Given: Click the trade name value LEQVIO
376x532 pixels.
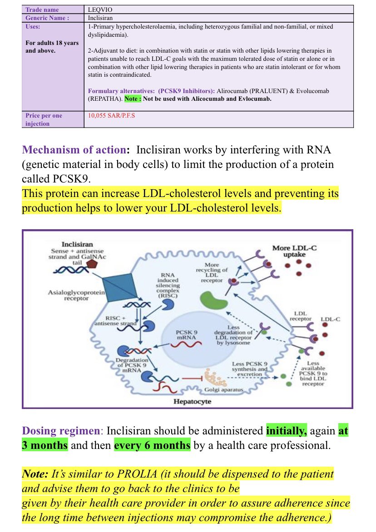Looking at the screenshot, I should click(x=98, y=9).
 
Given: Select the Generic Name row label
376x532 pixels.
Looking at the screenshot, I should click(x=47, y=18).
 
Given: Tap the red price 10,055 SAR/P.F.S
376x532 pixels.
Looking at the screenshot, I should click(x=111, y=115).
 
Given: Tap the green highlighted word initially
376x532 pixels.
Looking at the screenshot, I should click(x=287, y=431).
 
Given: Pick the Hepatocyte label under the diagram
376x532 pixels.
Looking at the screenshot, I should click(x=192, y=401).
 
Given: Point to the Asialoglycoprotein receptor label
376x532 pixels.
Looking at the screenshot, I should click(x=77, y=296).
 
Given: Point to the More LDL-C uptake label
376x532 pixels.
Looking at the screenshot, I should click(x=295, y=251).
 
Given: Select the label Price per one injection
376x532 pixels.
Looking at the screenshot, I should click(x=44, y=119).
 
